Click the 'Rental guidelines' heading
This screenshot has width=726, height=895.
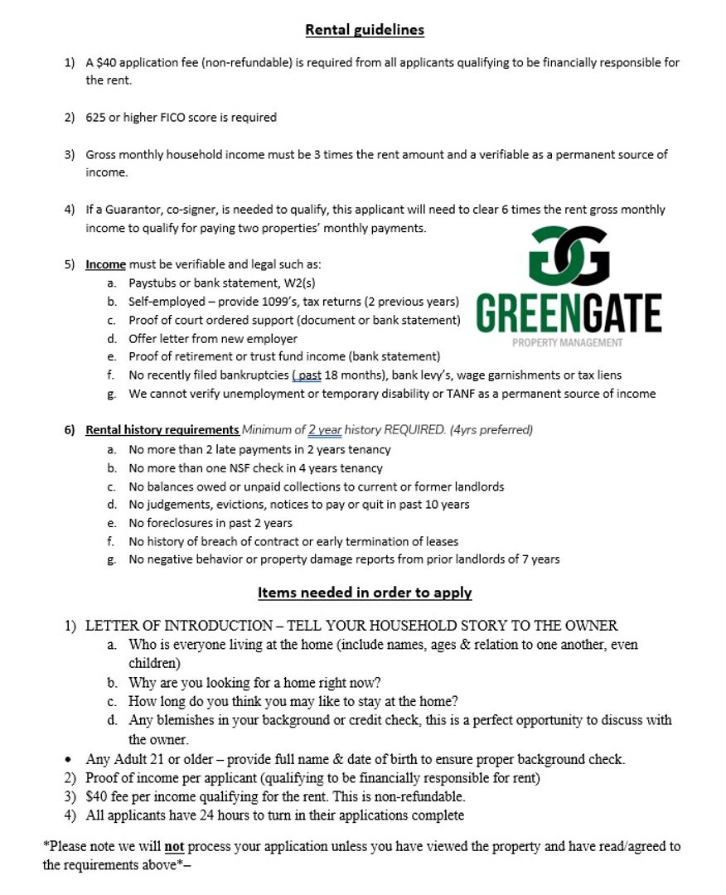365,30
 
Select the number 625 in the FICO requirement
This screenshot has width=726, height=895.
95,118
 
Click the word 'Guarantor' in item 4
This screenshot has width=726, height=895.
131,210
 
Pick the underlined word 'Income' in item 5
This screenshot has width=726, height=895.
105,264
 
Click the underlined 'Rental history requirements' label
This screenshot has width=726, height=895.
162,430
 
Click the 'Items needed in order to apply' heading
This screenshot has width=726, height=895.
365,593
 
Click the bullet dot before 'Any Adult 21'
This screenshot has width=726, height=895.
67,760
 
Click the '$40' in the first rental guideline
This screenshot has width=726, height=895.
106,63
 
